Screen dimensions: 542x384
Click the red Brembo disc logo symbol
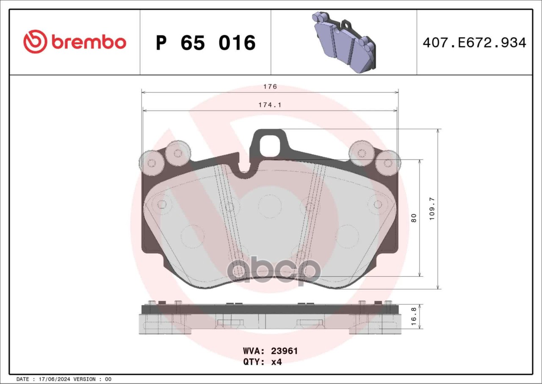pyautogui.click(x=35, y=42)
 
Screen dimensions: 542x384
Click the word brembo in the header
pyautogui.click(x=88, y=42)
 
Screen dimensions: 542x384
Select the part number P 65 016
pyautogui.click(x=205, y=43)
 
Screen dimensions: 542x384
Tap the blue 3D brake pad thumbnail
pyautogui.click(x=344, y=42)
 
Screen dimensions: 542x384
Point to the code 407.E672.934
pyautogui.click(x=475, y=43)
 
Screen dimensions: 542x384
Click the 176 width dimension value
pyautogui.click(x=270, y=86)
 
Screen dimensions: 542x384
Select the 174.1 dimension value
pyautogui.click(x=270, y=105)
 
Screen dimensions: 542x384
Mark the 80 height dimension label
pyautogui.click(x=414, y=218)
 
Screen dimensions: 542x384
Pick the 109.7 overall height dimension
pyautogui.click(x=432, y=209)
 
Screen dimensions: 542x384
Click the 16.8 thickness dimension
pyautogui.click(x=414, y=317)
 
